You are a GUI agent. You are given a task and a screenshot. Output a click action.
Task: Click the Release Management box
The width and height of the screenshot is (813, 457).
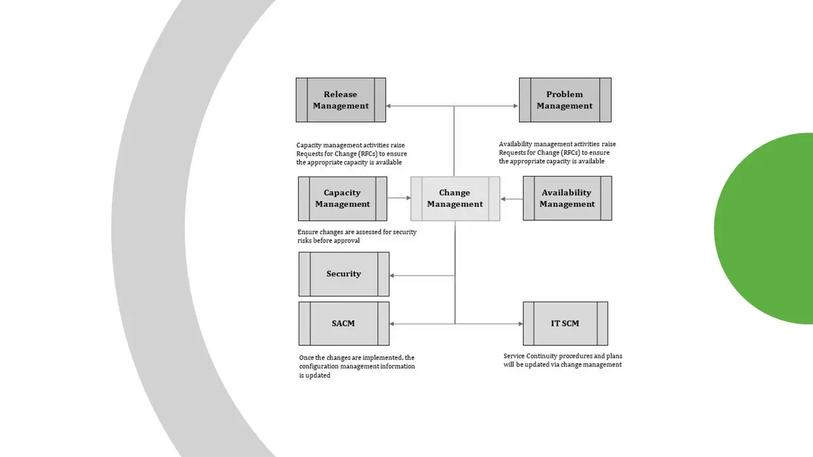341,100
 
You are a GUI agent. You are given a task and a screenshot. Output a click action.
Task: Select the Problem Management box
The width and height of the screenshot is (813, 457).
565,100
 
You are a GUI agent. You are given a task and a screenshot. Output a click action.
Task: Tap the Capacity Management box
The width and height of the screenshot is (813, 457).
342,199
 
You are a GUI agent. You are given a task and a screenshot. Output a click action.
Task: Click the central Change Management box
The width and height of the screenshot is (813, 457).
455,199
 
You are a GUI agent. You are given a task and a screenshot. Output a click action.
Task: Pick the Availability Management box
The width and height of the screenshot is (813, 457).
567,198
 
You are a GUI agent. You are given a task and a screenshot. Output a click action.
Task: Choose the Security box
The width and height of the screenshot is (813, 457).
344,274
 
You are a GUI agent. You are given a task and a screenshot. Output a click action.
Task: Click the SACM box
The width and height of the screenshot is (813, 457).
344,324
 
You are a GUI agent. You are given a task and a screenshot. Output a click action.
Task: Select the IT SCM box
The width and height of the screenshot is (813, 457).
565,324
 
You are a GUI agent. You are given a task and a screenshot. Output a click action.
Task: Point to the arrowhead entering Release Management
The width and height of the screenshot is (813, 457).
388,106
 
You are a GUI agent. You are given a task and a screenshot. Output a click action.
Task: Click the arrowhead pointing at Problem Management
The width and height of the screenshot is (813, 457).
516,106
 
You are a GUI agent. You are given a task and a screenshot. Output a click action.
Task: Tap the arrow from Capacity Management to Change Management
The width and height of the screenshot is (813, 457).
399,198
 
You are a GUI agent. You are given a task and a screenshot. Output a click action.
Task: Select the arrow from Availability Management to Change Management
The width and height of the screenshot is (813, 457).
512,199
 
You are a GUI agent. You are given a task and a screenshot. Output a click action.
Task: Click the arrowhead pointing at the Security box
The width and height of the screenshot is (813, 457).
392,275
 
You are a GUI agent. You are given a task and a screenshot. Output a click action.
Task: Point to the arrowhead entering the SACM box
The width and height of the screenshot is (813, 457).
392,324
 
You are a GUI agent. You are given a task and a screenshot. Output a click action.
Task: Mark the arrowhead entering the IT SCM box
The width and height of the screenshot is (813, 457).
520,324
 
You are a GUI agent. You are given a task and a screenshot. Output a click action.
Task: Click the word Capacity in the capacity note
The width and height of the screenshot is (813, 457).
308,145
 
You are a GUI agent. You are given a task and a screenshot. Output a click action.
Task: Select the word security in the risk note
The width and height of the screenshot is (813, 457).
405,232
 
